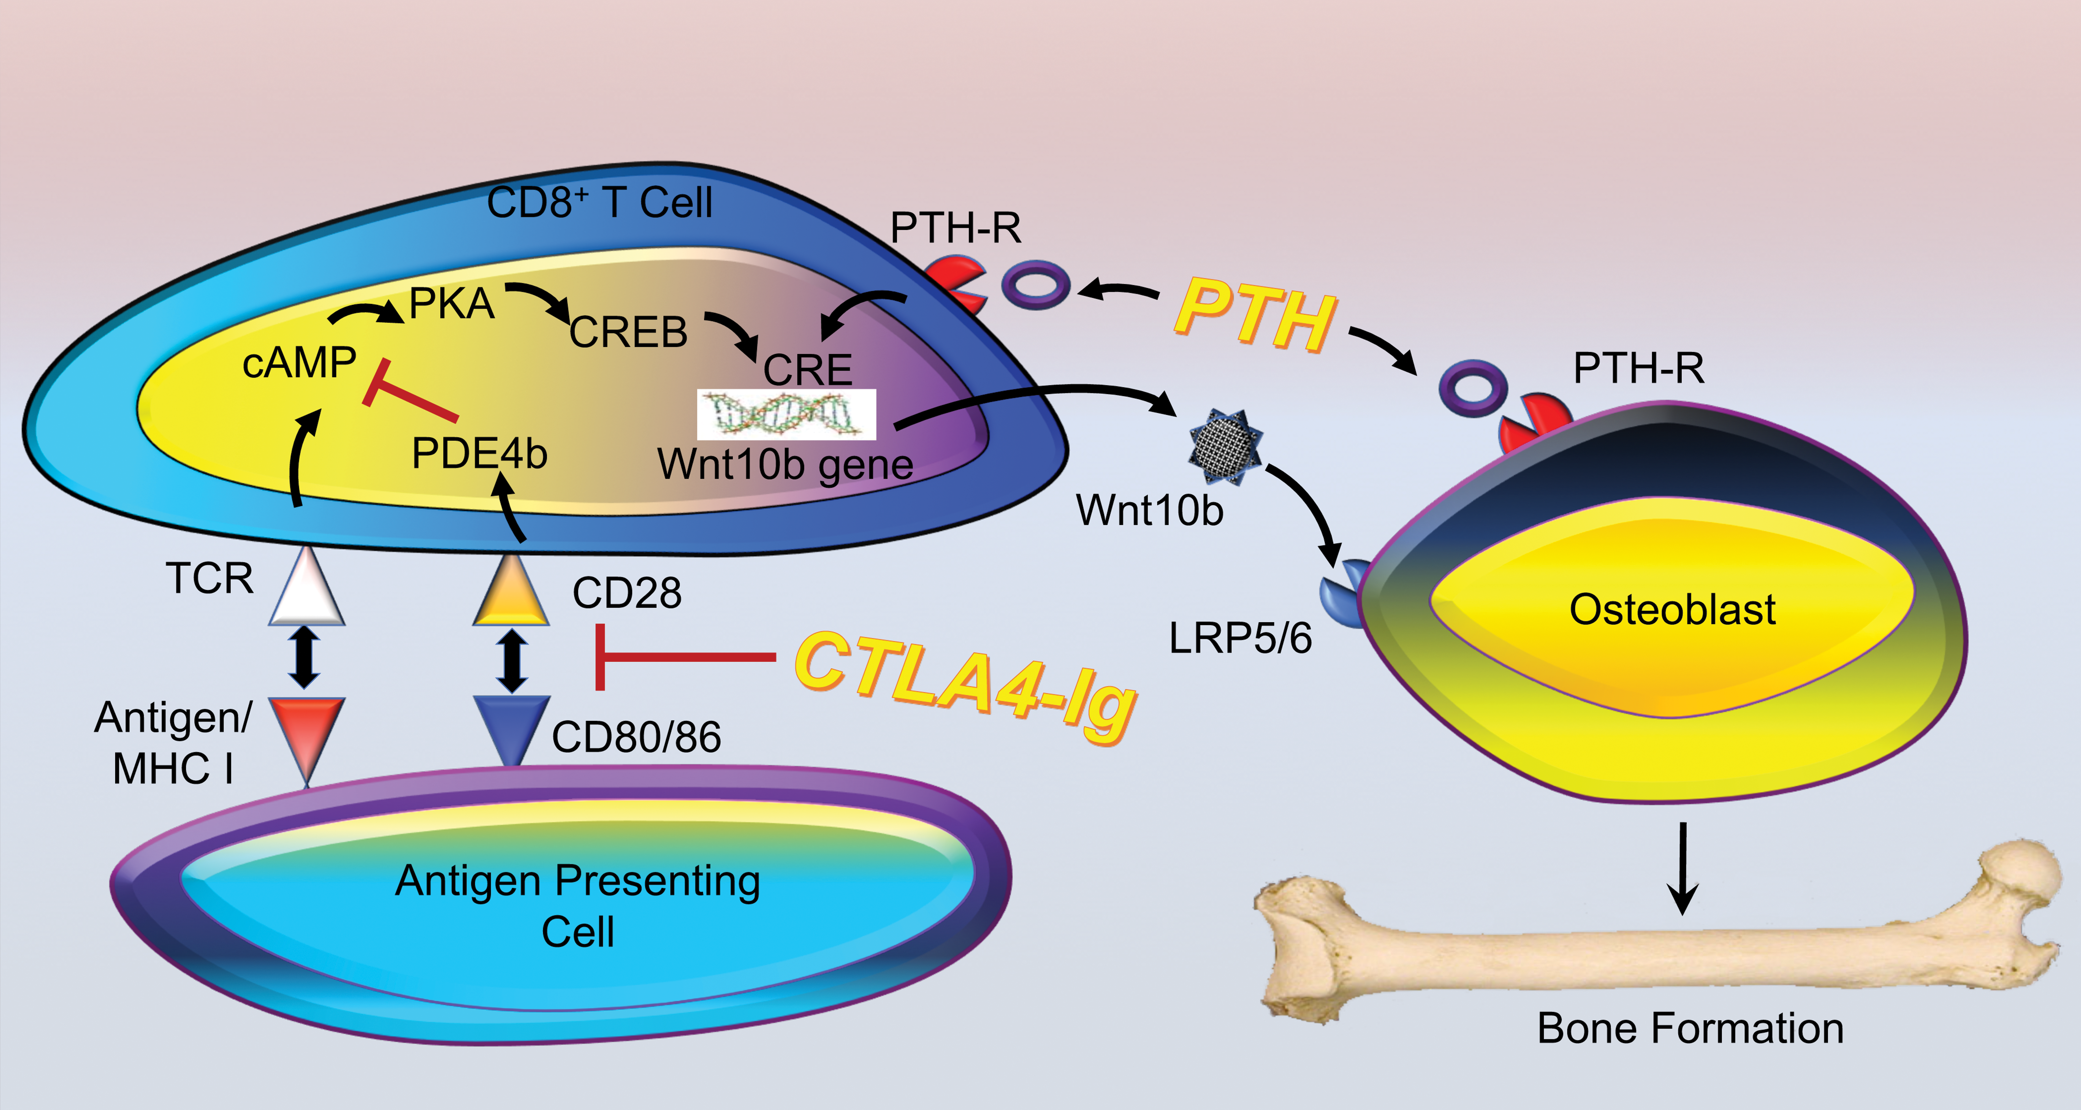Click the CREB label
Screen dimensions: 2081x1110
tap(629, 332)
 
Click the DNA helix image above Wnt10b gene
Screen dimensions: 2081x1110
tap(786, 415)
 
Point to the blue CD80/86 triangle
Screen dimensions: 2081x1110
tap(510, 727)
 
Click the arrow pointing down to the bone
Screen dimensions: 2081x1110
tap(1683, 868)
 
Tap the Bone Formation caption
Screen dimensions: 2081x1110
tap(1690, 1028)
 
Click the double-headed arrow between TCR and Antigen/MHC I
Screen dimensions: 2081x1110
tap(305, 658)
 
